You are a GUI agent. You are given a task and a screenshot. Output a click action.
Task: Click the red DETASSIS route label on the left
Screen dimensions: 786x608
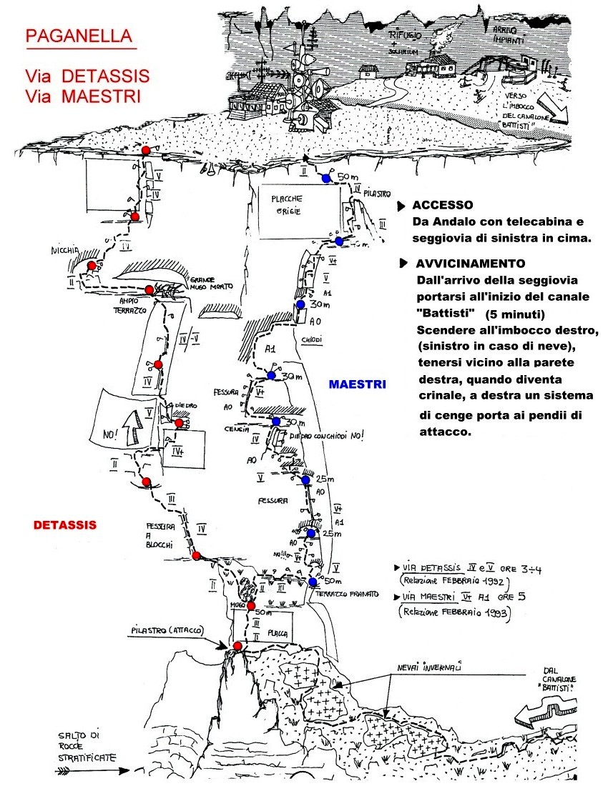65,525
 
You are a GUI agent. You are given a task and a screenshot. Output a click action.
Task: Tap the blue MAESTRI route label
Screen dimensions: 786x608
358,384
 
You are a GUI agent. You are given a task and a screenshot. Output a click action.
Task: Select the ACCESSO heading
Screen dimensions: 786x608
443,205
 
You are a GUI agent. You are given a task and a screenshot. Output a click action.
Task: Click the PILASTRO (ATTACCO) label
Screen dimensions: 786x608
167,630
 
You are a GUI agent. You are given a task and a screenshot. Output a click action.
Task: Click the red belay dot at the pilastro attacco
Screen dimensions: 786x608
237,646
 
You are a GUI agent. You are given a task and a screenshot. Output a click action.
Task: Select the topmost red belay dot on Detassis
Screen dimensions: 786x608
145,150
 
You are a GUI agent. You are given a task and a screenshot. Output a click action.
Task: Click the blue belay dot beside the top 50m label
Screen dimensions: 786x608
326,178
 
